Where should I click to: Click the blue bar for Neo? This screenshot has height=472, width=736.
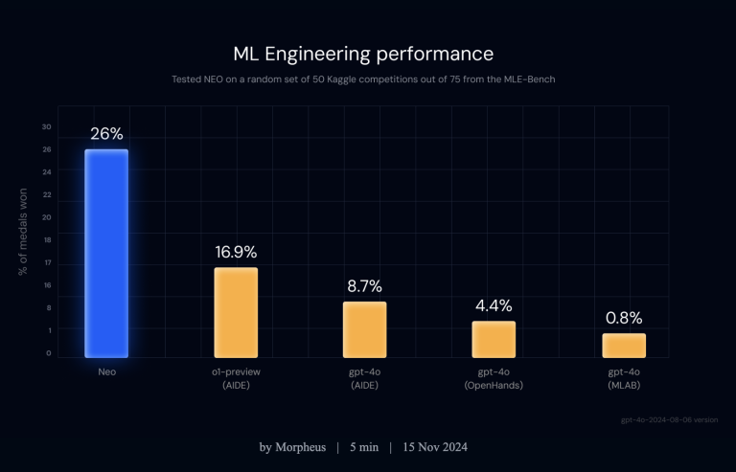[x=106, y=253]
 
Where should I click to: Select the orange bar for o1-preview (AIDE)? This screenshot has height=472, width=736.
[x=236, y=312]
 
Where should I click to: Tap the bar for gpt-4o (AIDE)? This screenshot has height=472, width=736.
[x=364, y=329]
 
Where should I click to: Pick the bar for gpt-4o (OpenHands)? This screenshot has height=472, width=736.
[x=494, y=339]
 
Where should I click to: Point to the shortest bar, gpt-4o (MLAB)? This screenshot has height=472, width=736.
[x=623, y=345]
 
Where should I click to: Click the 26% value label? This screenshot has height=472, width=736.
[x=106, y=134]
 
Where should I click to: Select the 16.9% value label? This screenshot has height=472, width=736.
[x=236, y=253]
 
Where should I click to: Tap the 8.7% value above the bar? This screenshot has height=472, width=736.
[x=364, y=286]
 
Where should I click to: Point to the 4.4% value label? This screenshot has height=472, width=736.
[x=494, y=306]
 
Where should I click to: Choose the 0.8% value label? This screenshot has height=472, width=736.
[x=623, y=318]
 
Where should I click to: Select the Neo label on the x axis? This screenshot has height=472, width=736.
[x=106, y=371]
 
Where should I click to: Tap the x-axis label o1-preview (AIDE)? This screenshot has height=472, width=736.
[x=236, y=377]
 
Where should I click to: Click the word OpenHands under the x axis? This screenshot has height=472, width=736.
[x=494, y=385]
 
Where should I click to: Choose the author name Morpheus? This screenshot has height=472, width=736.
[x=298, y=447]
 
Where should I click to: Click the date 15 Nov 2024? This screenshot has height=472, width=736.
[x=436, y=447]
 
